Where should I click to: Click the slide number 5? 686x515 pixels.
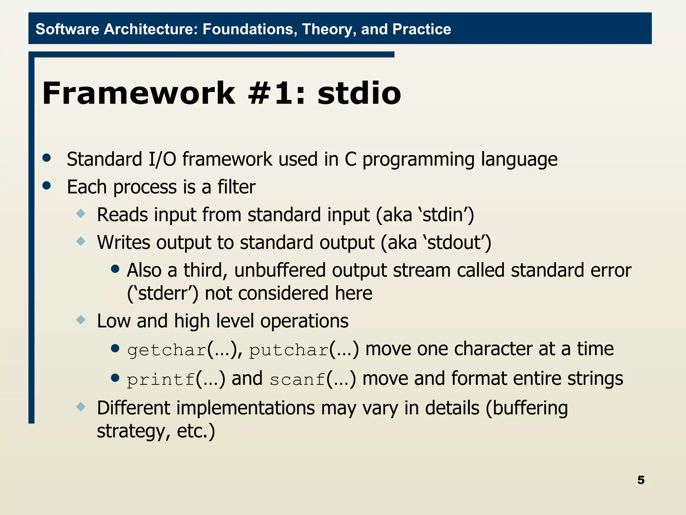pyautogui.click(x=640, y=480)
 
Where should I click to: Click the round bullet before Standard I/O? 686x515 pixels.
pyautogui.click(x=47, y=158)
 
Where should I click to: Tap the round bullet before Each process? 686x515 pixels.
pyautogui.click(x=47, y=185)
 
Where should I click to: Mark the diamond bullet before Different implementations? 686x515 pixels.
pyautogui.click(x=81, y=407)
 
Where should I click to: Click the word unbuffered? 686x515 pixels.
pyautogui.click(x=280, y=270)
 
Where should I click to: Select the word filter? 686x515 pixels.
pyautogui.click(x=236, y=187)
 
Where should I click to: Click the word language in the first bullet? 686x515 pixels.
pyautogui.click(x=519, y=159)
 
